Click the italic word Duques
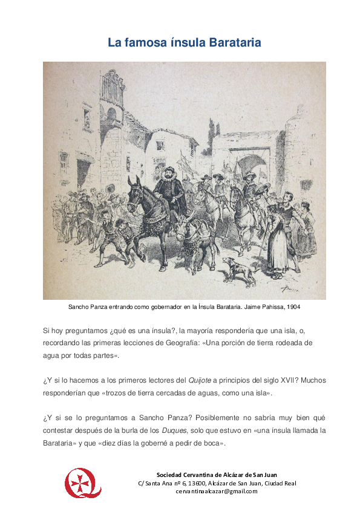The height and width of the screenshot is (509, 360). click(x=174, y=430)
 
